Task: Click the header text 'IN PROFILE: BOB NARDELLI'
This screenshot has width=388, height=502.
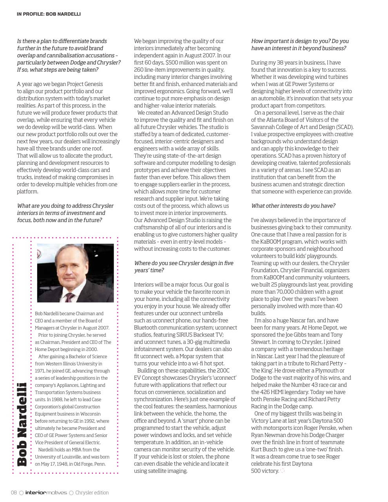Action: pyautogui.click(x=49, y=14)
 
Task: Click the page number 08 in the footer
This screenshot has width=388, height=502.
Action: pyautogui.click(x=14, y=493)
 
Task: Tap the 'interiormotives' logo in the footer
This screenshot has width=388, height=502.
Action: pyautogui.click(x=46, y=493)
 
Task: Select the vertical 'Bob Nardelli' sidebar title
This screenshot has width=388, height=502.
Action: pyautogui.click(x=22, y=424)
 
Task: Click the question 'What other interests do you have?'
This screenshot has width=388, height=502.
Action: pyautogui.click(x=293, y=206)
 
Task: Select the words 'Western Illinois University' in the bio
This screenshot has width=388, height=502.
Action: pyautogui.click(x=68, y=364)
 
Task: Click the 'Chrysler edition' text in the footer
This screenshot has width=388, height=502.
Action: pyautogui.click(x=92, y=493)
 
